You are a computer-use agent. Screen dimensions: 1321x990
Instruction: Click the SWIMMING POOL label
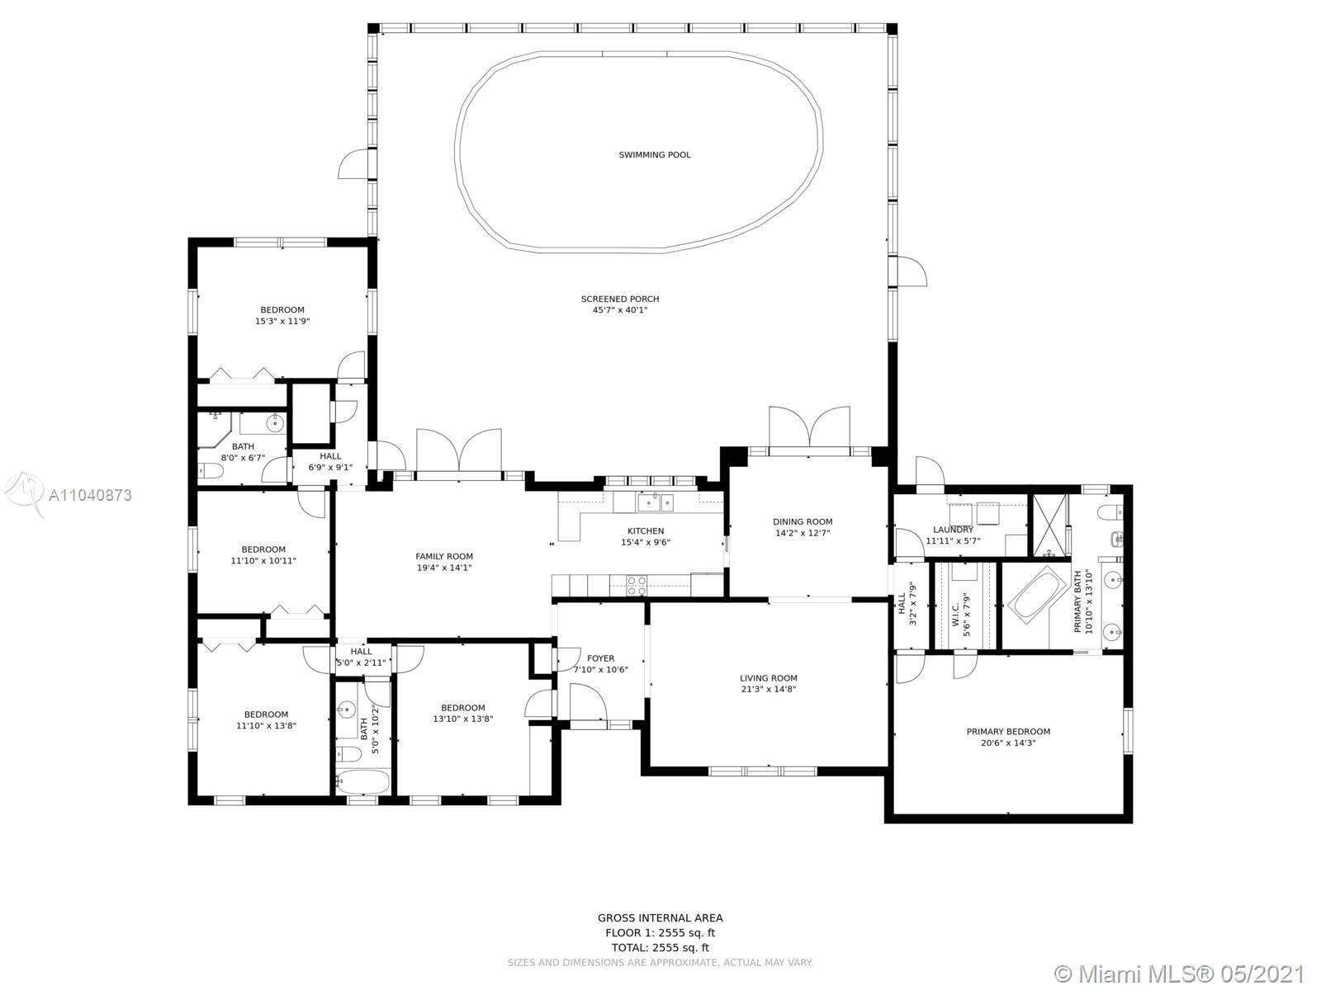[655, 155]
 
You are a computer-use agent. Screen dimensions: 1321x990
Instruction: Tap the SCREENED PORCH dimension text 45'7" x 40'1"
[620, 310]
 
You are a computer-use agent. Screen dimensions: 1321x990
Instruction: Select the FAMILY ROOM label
[444, 557]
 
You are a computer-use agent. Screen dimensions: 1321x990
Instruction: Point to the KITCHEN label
[646, 530]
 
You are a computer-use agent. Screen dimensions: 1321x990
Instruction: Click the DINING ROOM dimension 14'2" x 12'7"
[803, 533]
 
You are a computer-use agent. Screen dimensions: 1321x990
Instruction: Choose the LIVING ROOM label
[769, 678]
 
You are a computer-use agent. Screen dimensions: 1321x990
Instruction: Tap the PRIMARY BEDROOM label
[1008, 732]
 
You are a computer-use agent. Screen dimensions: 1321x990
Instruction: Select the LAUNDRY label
[953, 530]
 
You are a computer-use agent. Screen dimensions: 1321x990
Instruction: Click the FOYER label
[600, 658]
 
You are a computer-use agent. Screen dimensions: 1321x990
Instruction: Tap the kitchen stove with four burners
[637, 586]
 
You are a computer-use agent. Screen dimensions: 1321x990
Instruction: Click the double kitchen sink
[656, 502]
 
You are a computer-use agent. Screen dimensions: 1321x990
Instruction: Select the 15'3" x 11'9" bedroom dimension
[282, 321]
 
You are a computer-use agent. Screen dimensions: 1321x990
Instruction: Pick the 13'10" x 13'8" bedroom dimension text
[463, 719]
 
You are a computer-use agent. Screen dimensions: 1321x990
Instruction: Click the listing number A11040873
[90, 495]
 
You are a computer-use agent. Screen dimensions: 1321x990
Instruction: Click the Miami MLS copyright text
[1181, 973]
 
